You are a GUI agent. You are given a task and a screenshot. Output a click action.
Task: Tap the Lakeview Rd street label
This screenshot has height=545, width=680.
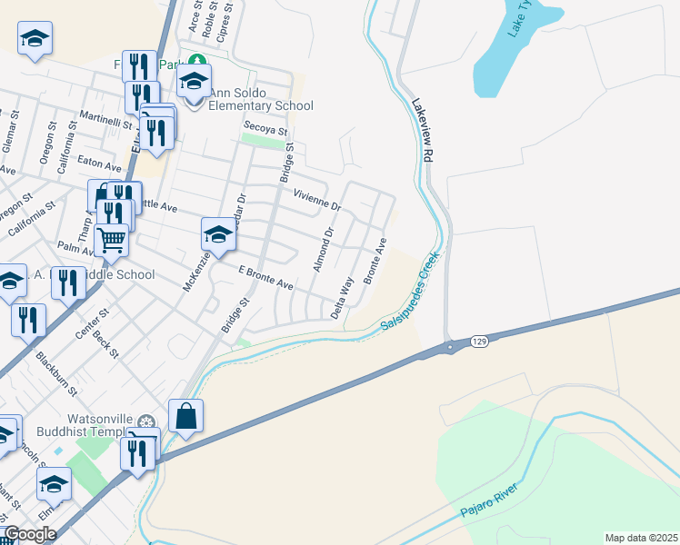tap(420, 131)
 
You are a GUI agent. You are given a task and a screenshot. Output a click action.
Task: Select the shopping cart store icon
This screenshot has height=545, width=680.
tap(111, 240)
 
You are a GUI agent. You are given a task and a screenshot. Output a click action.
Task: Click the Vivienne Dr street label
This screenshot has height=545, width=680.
tap(316, 200)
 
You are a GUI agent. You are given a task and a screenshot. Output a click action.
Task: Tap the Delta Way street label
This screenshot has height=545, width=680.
tap(342, 297)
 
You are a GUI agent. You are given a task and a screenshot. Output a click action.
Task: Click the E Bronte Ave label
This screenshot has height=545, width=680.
tap(265, 278)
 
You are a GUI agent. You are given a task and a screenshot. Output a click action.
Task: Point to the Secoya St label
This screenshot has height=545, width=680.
tap(264, 128)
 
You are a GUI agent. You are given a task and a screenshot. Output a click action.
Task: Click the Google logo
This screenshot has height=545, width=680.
tap(30, 534)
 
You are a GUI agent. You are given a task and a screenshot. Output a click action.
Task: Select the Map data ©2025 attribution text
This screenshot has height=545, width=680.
tap(641, 538)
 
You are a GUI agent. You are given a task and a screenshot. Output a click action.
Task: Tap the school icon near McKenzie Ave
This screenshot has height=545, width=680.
tap(218, 235)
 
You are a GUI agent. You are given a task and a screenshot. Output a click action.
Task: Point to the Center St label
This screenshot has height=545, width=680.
tap(92, 323)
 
